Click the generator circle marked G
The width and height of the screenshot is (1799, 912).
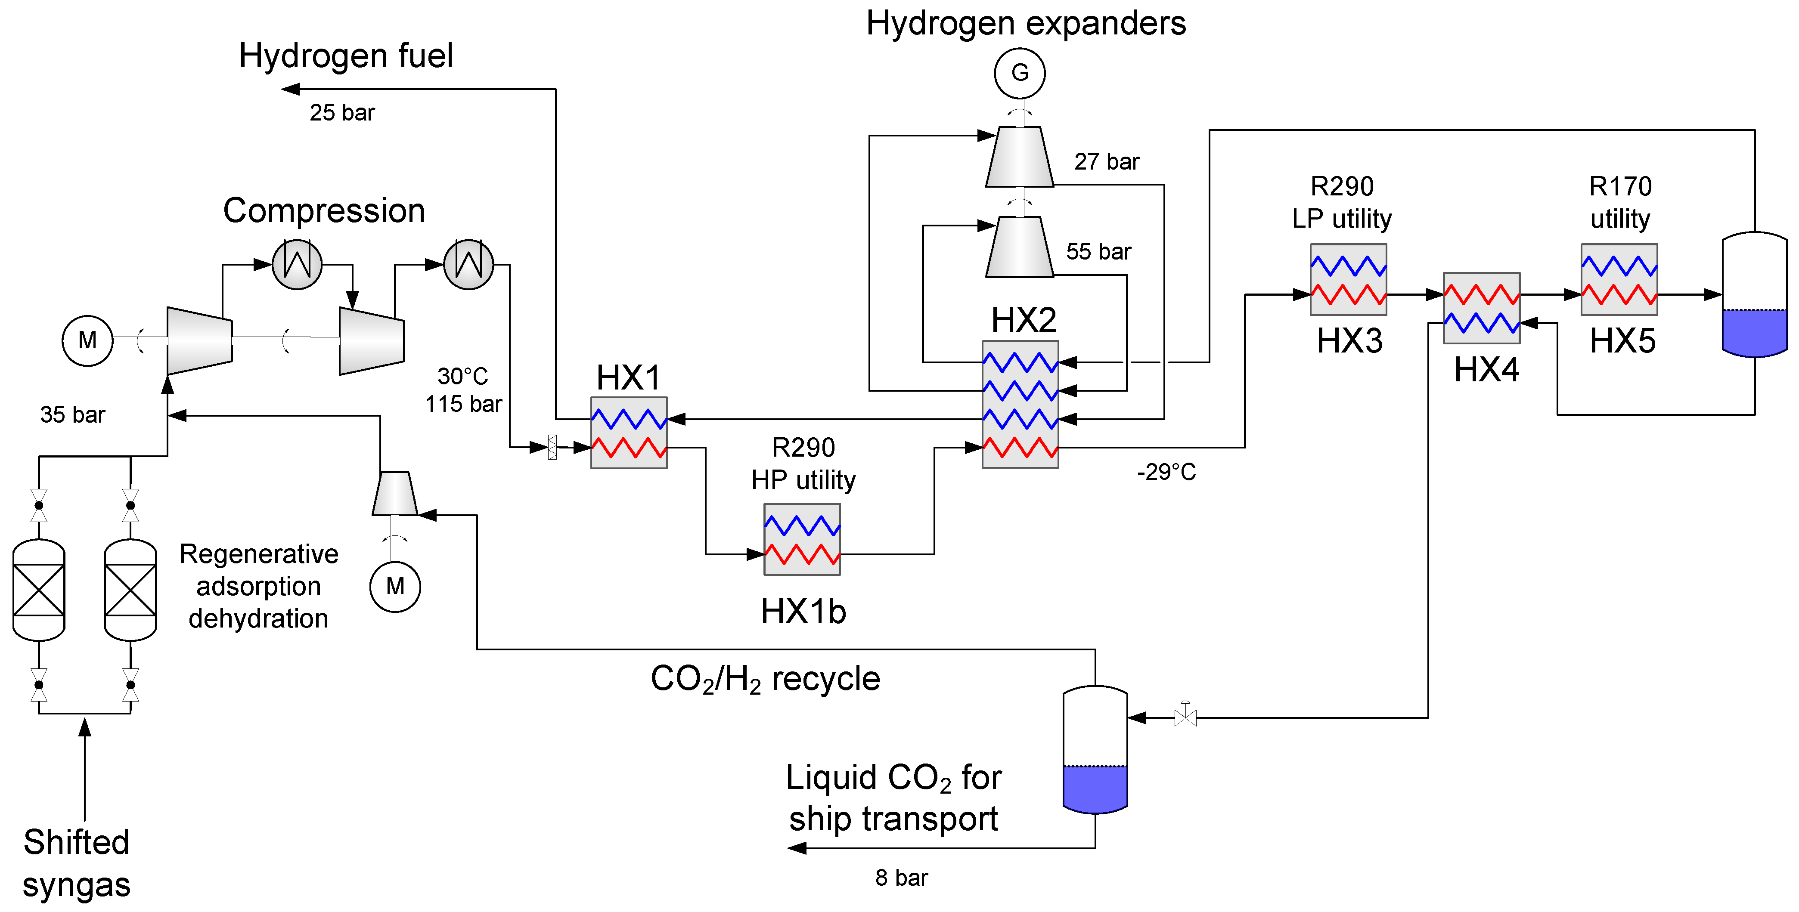click(x=1020, y=73)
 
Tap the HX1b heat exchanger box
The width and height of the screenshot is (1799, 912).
click(x=802, y=540)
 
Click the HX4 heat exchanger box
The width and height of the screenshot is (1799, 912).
click(x=1481, y=308)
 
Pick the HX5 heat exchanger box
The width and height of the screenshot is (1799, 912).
click(x=1619, y=279)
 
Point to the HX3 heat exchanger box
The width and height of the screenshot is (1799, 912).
click(x=1348, y=279)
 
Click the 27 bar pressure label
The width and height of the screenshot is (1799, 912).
click(x=1106, y=162)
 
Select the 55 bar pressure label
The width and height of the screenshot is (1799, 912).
click(x=1098, y=251)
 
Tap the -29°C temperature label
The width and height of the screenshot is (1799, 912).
click(x=1166, y=472)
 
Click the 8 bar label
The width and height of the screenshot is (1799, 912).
click(x=902, y=878)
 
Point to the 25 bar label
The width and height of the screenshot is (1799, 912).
click(x=342, y=112)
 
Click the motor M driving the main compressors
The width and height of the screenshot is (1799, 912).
click(x=87, y=341)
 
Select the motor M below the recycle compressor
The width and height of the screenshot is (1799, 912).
click(x=395, y=587)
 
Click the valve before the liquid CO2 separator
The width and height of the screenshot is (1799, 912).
click(x=1185, y=717)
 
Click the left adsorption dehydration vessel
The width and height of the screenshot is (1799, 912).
click(x=39, y=590)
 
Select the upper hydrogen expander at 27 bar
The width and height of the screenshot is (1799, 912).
click(x=1020, y=157)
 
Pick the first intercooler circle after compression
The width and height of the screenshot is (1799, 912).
click(x=297, y=265)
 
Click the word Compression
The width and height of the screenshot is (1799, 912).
click(x=324, y=211)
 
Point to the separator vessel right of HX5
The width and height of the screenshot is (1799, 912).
click(x=1754, y=295)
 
